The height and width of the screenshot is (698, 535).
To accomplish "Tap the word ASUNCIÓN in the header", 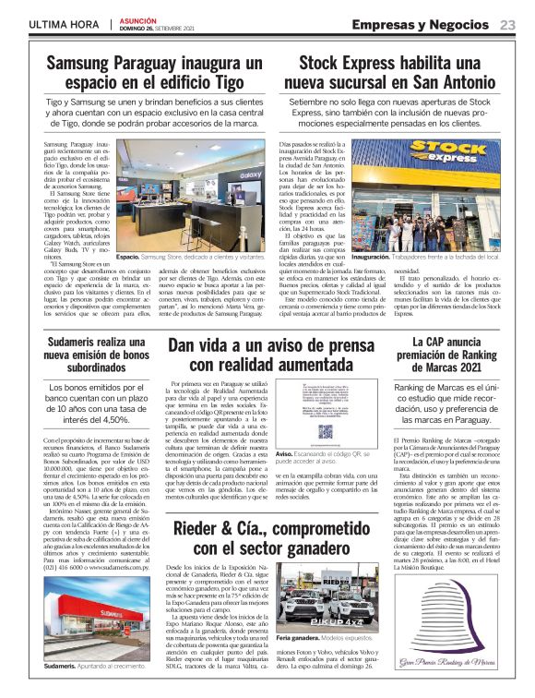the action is coord(139,19).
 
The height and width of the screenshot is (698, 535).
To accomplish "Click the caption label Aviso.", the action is coord(286,455).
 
